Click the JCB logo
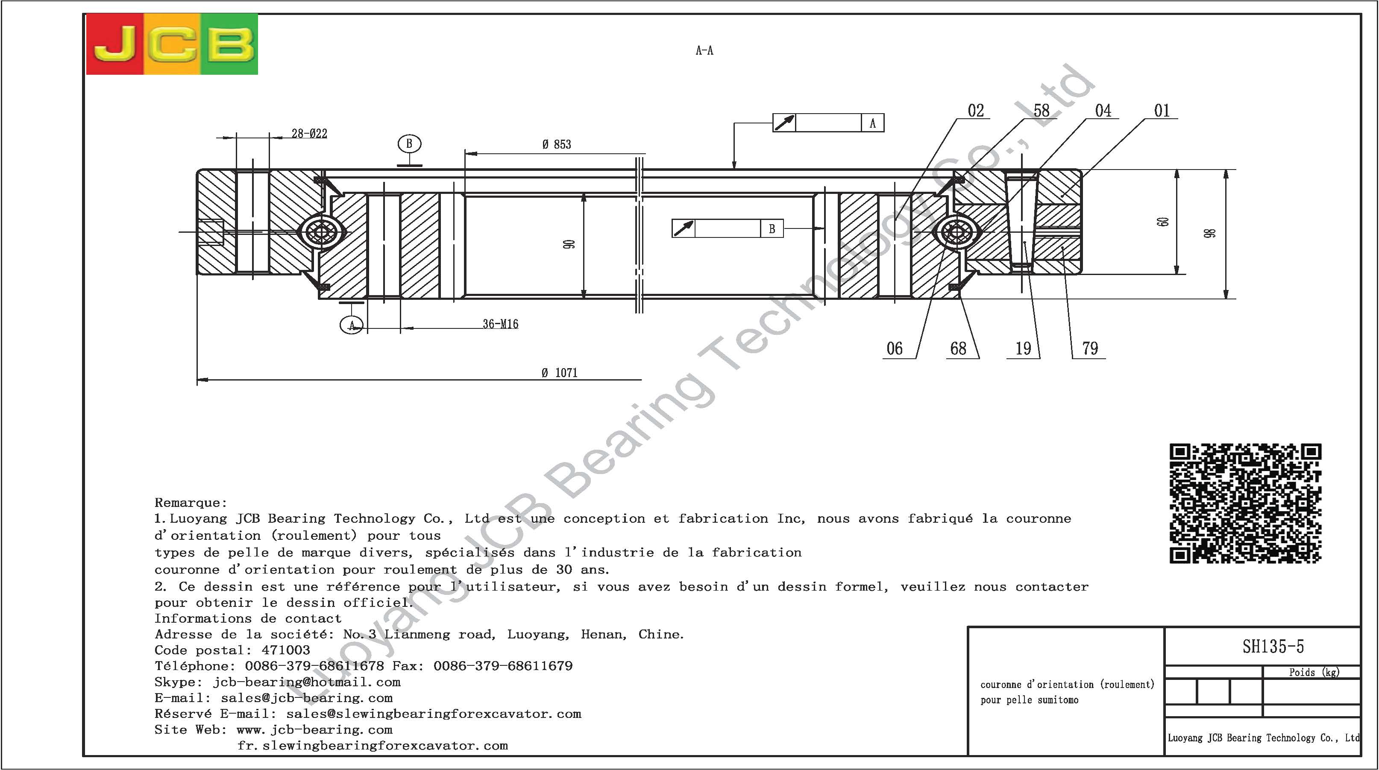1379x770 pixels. coord(172,44)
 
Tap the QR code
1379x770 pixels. coord(1245,503)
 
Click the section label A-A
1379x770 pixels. coord(704,51)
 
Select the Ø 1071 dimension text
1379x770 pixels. coord(559,372)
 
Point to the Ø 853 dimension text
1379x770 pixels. coord(557,144)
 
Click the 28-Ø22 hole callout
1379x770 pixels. coord(309,133)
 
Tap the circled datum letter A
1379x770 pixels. coord(352,325)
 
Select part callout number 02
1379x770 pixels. coord(976,111)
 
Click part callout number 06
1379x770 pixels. coord(895,349)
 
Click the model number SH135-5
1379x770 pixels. coord(1273,647)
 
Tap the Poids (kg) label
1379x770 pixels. coord(1314,672)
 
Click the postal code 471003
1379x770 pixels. coord(286,650)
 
